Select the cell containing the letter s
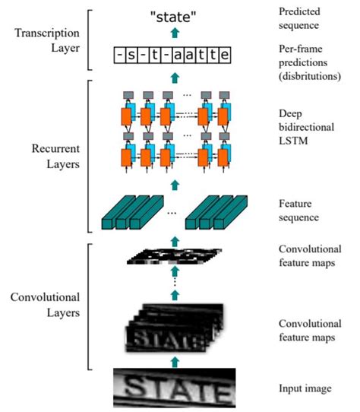(x=131, y=55)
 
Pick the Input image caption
(x=305, y=388)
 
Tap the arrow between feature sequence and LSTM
(x=176, y=183)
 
